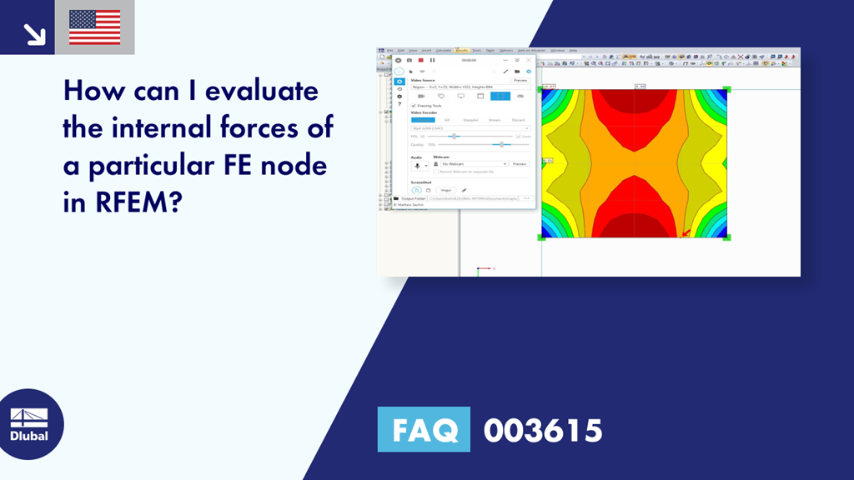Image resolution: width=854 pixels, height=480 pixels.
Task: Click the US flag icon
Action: [94, 27]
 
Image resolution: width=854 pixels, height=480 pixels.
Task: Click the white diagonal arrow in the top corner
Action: [34, 33]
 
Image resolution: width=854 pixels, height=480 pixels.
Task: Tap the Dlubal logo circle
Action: [30, 424]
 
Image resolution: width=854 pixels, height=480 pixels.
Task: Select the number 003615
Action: [543, 430]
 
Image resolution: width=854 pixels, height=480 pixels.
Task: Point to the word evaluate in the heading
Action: [260, 89]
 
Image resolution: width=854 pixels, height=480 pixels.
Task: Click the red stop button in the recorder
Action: [421, 60]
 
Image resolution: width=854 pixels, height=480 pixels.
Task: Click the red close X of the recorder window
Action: [529, 60]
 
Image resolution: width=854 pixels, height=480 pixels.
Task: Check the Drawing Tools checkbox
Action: [414, 106]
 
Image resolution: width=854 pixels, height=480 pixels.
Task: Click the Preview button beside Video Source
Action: [520, 80]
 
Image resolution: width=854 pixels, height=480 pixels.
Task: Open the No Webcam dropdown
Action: [505, 164]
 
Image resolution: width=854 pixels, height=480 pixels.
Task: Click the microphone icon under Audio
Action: [416, 166]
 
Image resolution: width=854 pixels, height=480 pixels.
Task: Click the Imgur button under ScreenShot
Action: [446, 190]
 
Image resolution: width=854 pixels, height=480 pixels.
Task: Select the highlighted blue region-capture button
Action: [500, 96]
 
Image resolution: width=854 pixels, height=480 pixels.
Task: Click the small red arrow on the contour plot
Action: [686, 232]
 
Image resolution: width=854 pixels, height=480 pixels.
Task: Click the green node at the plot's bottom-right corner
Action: [726, 237]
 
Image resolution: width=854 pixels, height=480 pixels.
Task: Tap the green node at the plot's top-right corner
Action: [726, 89]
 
